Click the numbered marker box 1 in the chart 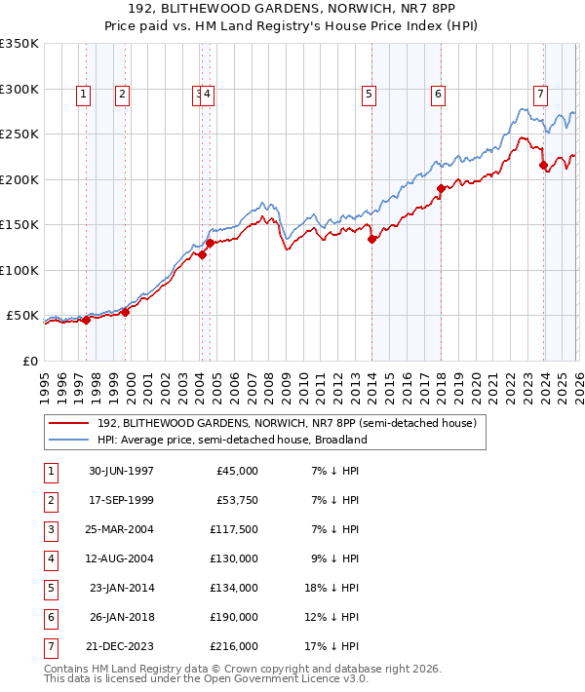[84, 95]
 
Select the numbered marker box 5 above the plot [370, 95]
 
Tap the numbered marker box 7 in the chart [539, 95]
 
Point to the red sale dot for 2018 [441, 188]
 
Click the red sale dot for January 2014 [371, 239]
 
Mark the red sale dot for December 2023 [543, 165]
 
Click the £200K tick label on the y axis [19, 179]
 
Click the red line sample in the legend [68, 423]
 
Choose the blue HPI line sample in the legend [68, 440]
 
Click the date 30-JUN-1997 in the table [121, 471]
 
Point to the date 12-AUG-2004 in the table [121, 558]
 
